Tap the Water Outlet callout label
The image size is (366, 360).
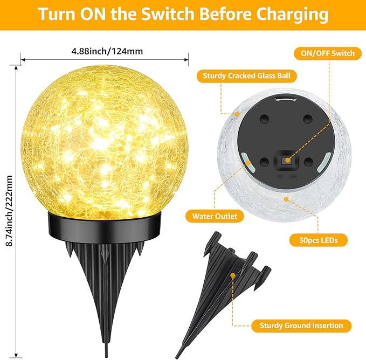(x=215, y=216)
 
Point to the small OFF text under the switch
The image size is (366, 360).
(x=294, y=176)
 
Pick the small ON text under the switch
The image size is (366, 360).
(x=279, y=176)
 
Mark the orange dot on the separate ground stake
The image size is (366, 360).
(x=233, y=275)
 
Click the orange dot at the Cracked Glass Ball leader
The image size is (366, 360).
(x=236, y=114)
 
